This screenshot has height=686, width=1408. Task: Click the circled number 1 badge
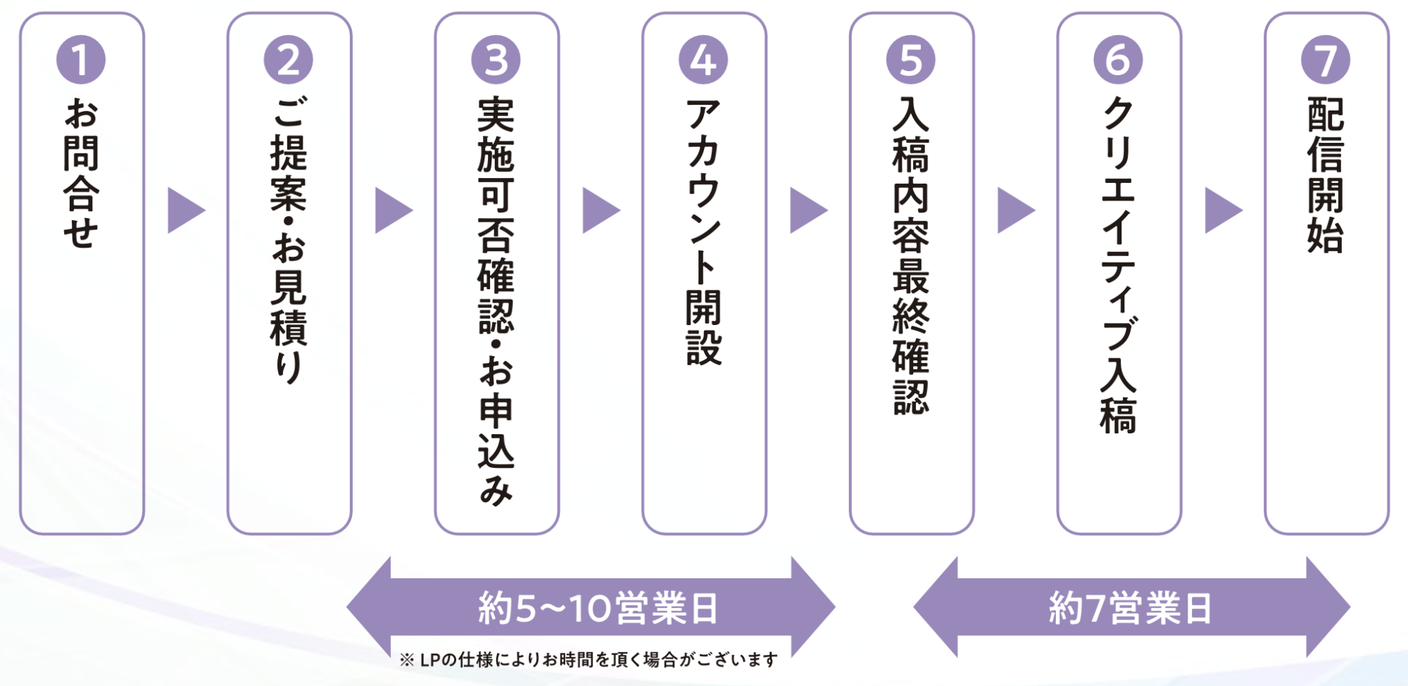(81, 60)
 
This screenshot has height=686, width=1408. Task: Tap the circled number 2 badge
(289, 60)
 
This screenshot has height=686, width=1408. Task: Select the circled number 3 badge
(496, 60)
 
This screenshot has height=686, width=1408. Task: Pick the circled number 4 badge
(703, 60)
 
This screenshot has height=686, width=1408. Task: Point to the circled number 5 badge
(911, 60)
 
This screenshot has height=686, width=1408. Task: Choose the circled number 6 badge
(1118, 60)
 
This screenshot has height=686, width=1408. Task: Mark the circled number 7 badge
(1326, 60)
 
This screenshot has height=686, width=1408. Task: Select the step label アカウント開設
(703, 232)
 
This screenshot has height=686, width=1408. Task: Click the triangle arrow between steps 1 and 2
(184, 210)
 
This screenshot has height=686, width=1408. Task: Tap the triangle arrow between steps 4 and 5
(807, 210)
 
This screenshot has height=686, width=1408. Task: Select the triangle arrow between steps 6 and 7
(1221, 210)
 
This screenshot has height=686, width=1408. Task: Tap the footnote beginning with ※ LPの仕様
(589, 660)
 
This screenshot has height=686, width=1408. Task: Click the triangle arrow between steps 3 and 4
(599, 210)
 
